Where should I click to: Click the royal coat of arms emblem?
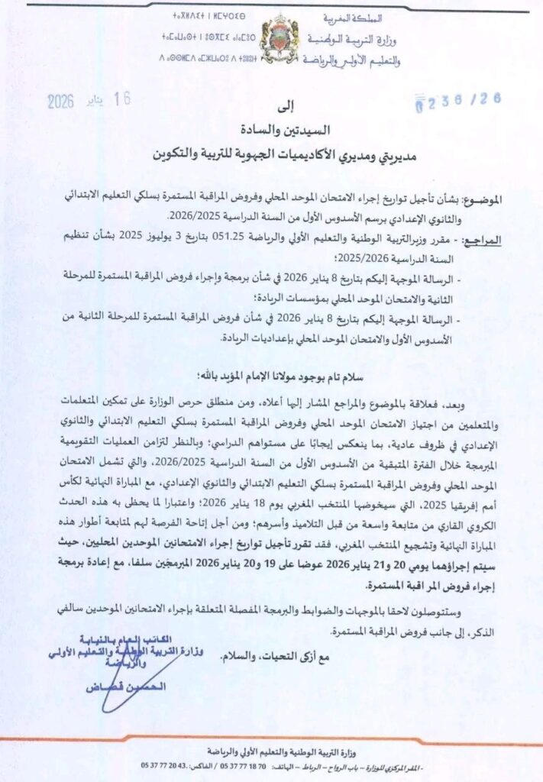click(279, 38)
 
